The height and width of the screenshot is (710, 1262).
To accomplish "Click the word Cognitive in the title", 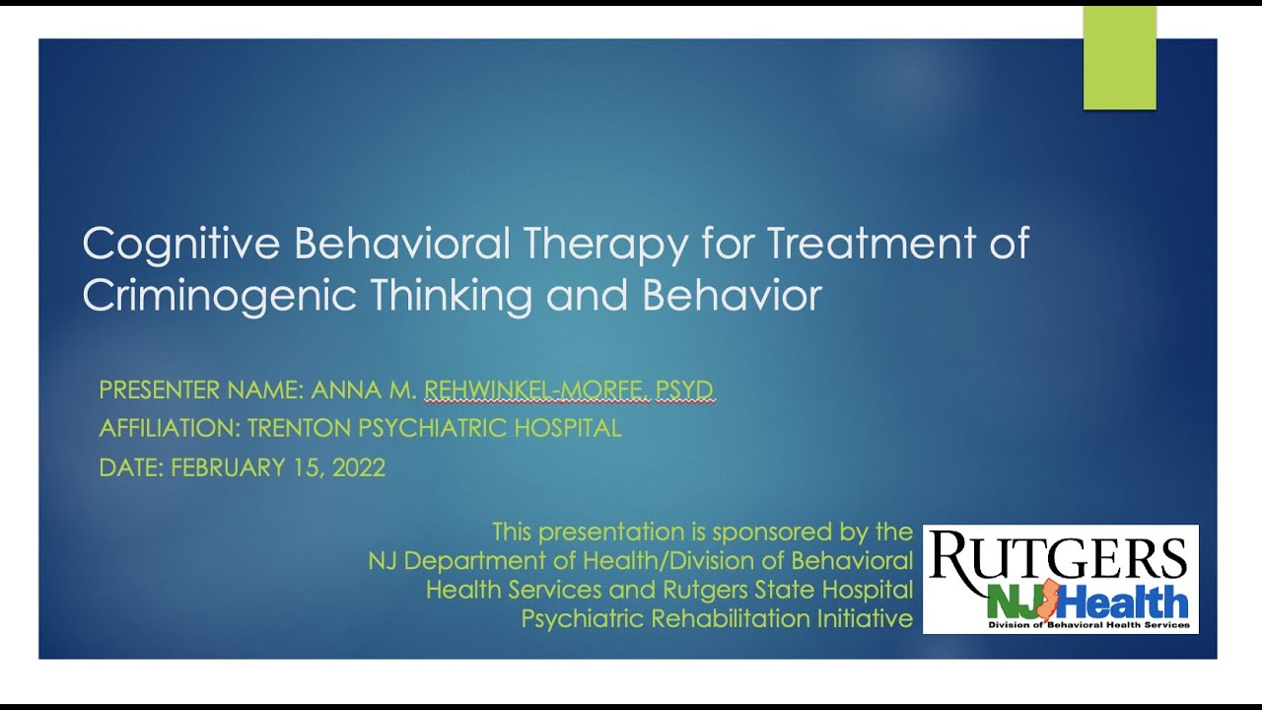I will coord(181,245).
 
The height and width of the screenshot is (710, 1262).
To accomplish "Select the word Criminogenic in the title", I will coord(219,296).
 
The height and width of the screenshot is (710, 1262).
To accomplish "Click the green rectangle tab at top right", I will coord(1119,58).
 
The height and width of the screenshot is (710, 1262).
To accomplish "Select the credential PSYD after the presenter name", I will coord(684,390).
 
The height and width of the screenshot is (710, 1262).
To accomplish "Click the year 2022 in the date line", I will coord(358,467).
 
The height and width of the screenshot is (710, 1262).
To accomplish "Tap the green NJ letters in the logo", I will coord(1011,601).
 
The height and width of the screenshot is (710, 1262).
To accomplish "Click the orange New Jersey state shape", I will coord(1049,599).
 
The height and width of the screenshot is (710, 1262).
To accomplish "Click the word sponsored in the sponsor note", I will coord(771,532).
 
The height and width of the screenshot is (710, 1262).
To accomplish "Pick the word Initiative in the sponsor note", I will coord(866,619).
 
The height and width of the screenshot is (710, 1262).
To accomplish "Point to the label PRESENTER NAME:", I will coord(201,390).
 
